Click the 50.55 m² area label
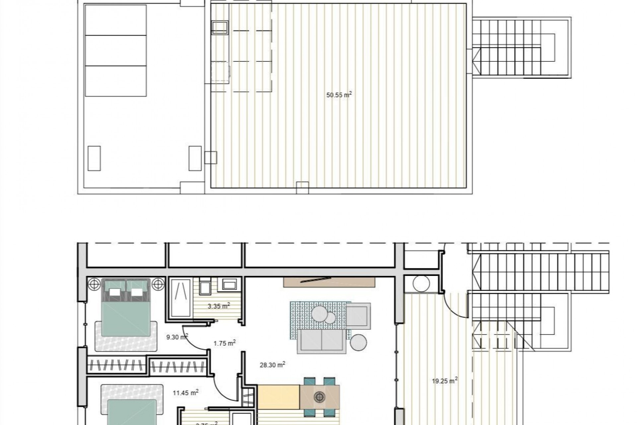click(339, 95)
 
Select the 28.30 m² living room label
click(272, 365)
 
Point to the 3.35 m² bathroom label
click(219, 306)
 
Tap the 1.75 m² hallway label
click(224, 343)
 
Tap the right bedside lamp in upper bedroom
click(158, 284)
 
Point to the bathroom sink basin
click(229, 284)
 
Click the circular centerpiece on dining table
click(319, 396)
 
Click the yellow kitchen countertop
click(279, 397)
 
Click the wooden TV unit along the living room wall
click(329, 282)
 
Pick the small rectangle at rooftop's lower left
click(94, 158)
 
